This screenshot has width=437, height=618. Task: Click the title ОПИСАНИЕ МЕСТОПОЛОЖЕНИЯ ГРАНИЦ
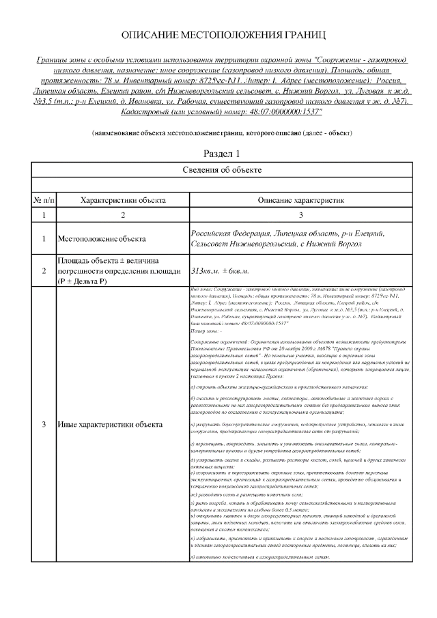223,33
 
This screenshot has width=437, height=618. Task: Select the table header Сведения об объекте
223,169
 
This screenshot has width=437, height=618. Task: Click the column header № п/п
44,200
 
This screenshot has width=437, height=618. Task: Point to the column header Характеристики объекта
123,200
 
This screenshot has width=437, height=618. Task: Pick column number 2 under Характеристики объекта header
123,215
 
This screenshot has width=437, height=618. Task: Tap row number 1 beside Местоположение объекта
44,240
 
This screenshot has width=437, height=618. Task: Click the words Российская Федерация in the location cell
229,234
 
